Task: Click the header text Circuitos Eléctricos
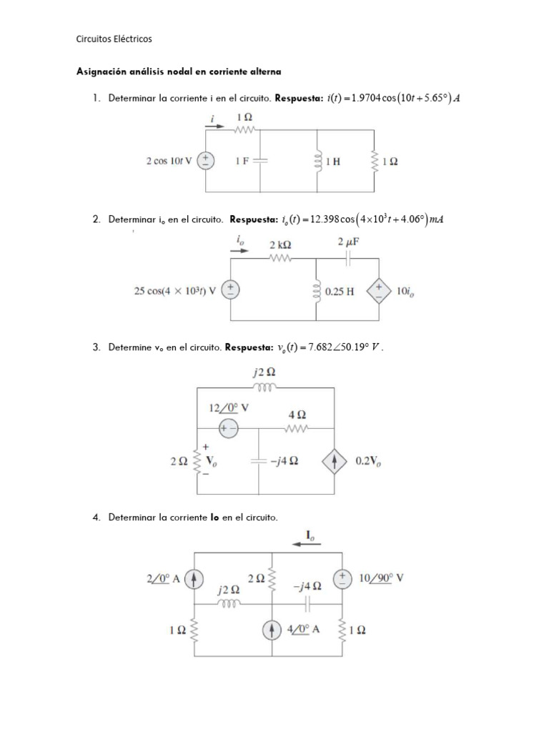pos(114,39)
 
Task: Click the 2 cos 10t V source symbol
pos(207,161)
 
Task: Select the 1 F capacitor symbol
pos(260,161)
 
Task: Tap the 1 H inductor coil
pos(315,161)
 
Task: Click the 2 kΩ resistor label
pos(280,244)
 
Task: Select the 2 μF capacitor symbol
pos(348,259)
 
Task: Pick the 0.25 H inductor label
pos(340,292)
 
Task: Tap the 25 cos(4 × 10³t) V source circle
pos(230,290)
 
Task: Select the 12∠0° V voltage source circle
pos(229,427)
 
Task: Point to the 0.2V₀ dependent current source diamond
pos(335,461)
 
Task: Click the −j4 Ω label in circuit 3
pos(284,461)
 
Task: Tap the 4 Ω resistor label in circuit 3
pos(297,414)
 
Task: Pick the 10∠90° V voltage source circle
pos(343,578)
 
